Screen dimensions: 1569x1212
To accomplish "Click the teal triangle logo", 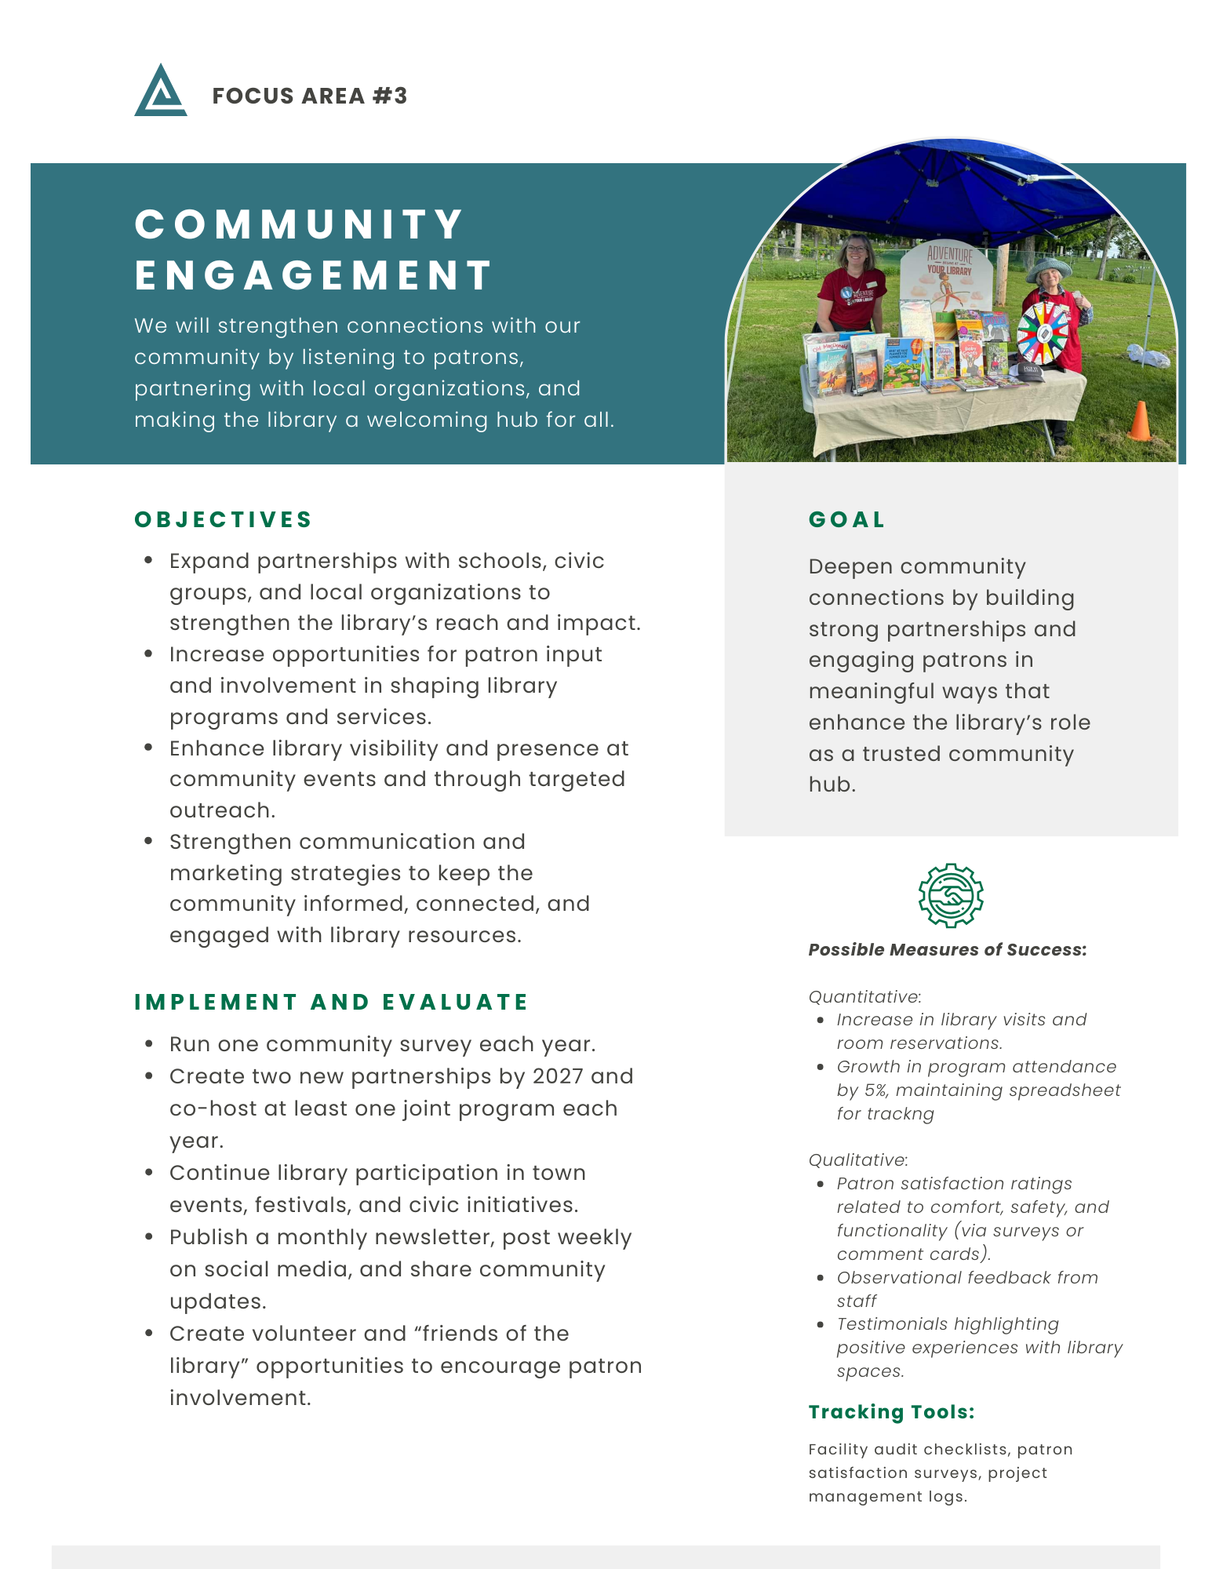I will pyautogui.click(x=161, y=93).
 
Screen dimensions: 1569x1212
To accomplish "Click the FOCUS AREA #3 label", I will pyautogui.click(x=310, y=96).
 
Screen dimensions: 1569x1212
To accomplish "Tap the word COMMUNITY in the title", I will pyautogui.click(x=300, y=224).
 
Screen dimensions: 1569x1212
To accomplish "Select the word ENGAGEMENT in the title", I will pyautogui.click(x=314, y=275).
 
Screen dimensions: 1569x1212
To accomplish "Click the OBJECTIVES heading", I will pyautogui.click(x=224, y=519).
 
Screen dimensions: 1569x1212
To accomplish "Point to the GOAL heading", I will pyautogui.click(x=846, y=519).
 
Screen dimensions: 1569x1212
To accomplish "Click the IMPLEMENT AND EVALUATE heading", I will pyautogui.click(x=331, y=1002).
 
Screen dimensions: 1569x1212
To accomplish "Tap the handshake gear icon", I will pyautogui.click(x=951, y=895).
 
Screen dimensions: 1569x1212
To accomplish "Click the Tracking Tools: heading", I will pyautogui.click(x=891, y=1412).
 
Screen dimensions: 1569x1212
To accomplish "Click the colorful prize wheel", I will pyautogui.click(x=1043, y=332).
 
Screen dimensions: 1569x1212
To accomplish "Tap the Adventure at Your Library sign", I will pyautogui.click(x=949, y=271).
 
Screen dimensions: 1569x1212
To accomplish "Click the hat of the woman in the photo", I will pyautogui.click(x=1050, y=268).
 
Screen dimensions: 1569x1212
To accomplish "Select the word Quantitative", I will pyautogui.click(x=864, y=996).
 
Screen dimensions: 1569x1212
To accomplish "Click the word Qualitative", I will pyautogui.click(x=857, y=1159).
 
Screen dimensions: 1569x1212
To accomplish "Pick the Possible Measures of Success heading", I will pyautogui.click(x=947, y=949).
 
